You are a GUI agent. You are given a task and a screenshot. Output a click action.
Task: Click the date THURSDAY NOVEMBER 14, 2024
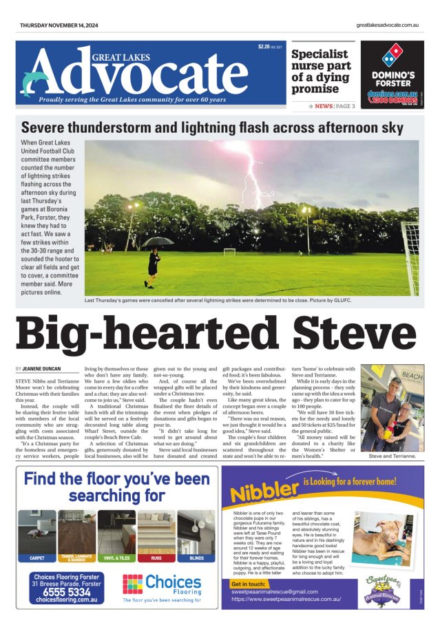pos(61,25)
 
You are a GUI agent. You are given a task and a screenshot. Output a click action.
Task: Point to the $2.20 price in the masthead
pos(264,47)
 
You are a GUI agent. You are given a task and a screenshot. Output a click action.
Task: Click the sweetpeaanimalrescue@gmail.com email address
pos(275,591)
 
